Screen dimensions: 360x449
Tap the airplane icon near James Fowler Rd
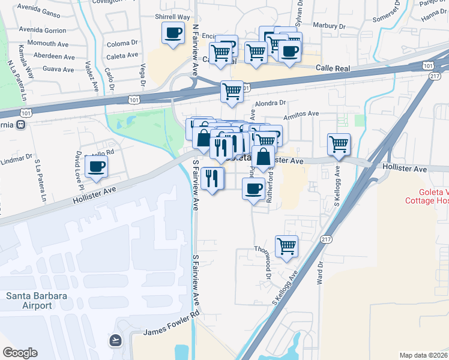[x=115, y=341]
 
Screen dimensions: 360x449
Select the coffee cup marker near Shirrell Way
[x=173, y=33]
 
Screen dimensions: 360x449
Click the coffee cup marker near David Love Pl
[x=96, y=166]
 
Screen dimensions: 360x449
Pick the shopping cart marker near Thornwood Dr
[x=287, y=245]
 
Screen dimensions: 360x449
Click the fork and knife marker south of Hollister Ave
[x=212, y=178]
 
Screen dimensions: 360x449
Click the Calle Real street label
[x=333, y=69]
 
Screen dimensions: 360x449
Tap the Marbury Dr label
[x=330, y=26]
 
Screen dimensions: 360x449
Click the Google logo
[x=20, y=353]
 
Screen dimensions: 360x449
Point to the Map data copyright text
[x=424, y=355]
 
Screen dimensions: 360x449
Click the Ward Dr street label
[x=321, y=271]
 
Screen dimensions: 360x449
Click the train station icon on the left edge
[x=21, y=124]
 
